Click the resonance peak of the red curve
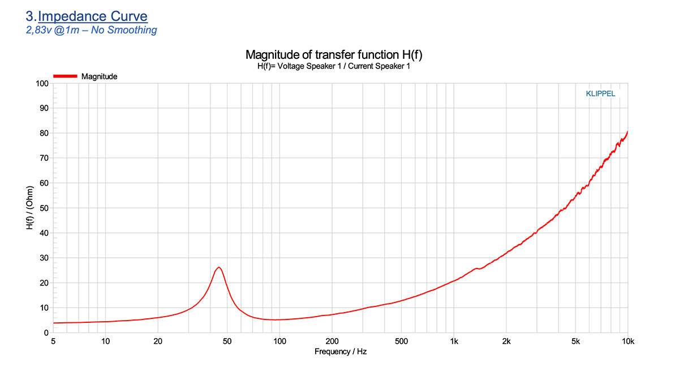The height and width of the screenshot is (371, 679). click(218, 267)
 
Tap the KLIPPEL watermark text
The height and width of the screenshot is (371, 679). click(600, 94)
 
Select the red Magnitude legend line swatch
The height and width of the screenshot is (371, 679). click(65, 76)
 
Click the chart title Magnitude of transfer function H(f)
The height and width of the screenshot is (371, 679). click(334, 55)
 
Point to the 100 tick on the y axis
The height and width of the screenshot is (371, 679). click(42, 84)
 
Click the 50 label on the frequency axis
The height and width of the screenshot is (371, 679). click(227, 341)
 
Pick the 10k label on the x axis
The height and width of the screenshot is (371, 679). click(628, 341)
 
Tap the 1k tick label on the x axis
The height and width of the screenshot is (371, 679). click(454, 341)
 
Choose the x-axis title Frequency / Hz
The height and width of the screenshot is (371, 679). click(341, 352)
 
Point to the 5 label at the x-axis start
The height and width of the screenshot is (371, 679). click(53, 341)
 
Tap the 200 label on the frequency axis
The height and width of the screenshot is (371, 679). click(332, 341)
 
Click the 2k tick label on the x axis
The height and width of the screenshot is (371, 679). click(506, 341)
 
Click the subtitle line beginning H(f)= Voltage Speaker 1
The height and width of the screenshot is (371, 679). click(333, 66)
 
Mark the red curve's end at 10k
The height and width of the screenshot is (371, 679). click(628, 132)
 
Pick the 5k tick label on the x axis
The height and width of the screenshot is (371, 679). click(575, 341)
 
